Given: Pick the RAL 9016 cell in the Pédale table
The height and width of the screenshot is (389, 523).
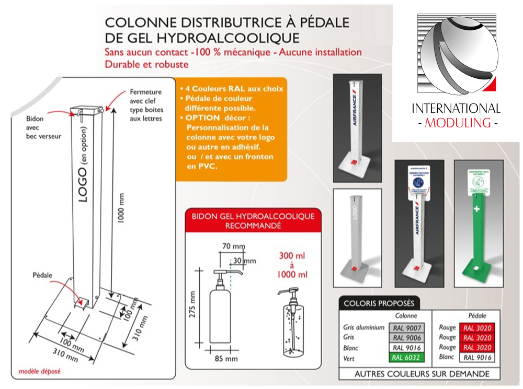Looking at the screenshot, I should [x=476, y=358].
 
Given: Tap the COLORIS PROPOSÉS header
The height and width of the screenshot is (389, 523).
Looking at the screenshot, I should [x=379, y=303].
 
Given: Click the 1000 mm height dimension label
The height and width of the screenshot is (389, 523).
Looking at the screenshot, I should [x=121, y=208].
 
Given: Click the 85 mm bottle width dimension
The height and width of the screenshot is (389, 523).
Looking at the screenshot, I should [x=226, y=359].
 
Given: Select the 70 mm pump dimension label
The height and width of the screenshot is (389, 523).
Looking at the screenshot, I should [x=233, y=246].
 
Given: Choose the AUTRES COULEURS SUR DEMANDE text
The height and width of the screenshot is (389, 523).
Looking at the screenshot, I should [x=422, y=374].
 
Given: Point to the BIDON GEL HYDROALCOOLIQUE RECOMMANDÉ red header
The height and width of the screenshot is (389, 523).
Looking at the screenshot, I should [x=253, y=220].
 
